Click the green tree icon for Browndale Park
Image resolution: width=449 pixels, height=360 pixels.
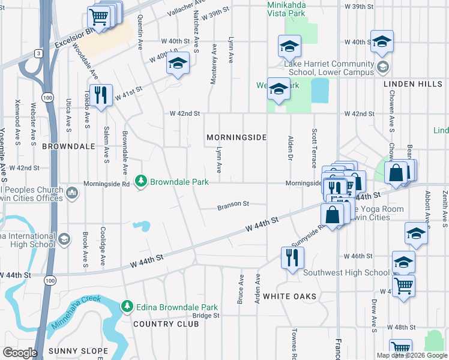tap(141, 181)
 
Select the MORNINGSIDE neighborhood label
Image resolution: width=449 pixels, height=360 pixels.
tap(237, 137)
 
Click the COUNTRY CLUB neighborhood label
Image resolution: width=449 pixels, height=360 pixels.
tap(166, 324)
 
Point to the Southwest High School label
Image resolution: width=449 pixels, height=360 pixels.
tap(346, 272)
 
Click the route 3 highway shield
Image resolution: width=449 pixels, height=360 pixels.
tap(38, 53)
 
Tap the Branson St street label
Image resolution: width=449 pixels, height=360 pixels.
tap(233, 204)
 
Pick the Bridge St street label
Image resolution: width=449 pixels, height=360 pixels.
tap(206, 315)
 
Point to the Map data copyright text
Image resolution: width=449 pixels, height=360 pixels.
tap(412, 355)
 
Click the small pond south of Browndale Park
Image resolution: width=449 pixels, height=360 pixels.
tap(142, 226)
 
